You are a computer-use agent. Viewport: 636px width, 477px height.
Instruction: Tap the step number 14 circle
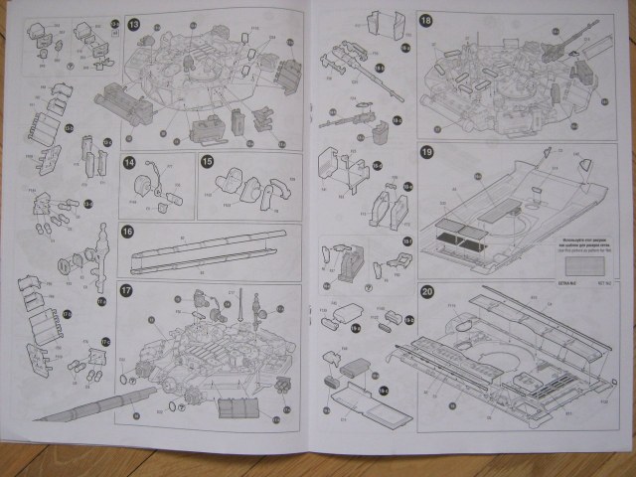(x=128, y=161)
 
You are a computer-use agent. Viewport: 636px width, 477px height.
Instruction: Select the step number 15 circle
(x=207, y=161)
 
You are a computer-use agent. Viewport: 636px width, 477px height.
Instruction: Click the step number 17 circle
(x=127, y=291)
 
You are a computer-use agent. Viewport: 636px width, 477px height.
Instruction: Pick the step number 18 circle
(x=425, y=21)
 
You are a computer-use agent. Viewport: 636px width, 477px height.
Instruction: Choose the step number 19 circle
(x=425, y=153)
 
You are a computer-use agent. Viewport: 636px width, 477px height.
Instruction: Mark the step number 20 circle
(x=426, y=292)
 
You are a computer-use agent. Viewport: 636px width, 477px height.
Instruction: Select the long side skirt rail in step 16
(x=209, y=253)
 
